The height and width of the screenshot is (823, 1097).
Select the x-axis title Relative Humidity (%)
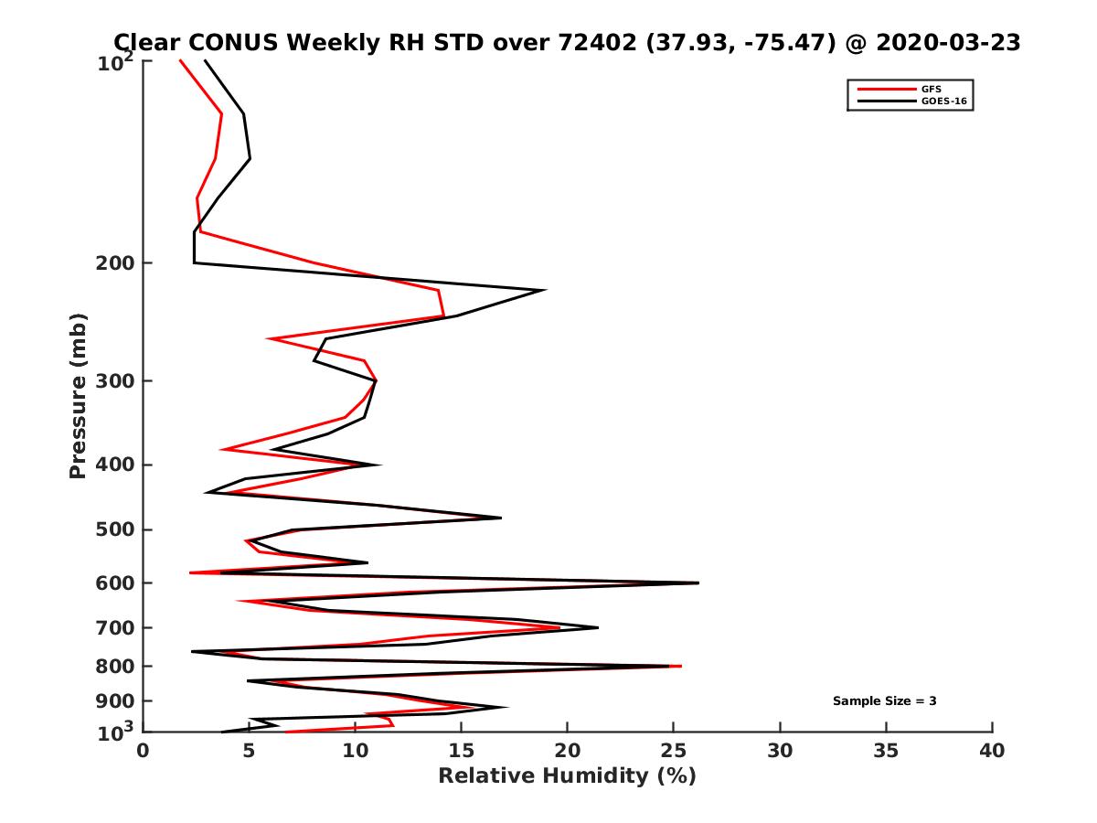[567, 776]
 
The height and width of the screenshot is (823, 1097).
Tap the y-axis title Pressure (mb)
[78, 396]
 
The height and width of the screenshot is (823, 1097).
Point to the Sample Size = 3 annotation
[884, 701]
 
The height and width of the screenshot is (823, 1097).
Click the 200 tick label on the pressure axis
[117, 263]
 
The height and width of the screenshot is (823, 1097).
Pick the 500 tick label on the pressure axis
[117, 529]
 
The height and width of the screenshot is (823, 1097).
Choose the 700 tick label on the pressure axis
[117, 628]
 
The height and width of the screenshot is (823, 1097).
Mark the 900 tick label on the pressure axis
[117, 701]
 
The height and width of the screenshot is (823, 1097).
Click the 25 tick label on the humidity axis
[673, 752]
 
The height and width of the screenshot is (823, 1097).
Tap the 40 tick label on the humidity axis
[992, 752]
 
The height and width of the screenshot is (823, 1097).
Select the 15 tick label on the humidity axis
[461, 752]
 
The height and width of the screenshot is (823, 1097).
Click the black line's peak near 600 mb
[698, 583]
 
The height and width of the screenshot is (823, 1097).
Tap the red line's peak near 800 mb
[681, 666]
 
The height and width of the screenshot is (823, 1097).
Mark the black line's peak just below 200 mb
[546, 290]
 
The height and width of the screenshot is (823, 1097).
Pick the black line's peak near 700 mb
[598, 627]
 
